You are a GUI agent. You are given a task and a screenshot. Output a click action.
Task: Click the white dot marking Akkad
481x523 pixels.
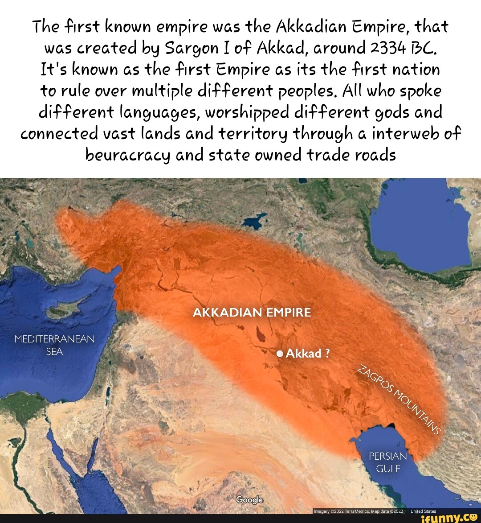tap(280, 354)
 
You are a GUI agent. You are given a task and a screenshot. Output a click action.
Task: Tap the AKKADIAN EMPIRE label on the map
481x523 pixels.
tap(252, 313)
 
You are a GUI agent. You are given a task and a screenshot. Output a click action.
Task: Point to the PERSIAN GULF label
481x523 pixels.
tap(388, 462)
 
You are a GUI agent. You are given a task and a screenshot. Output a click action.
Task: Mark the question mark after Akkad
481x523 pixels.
tap(327, 354)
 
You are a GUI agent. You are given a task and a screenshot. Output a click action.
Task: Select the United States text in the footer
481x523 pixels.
tap(423, 511)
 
